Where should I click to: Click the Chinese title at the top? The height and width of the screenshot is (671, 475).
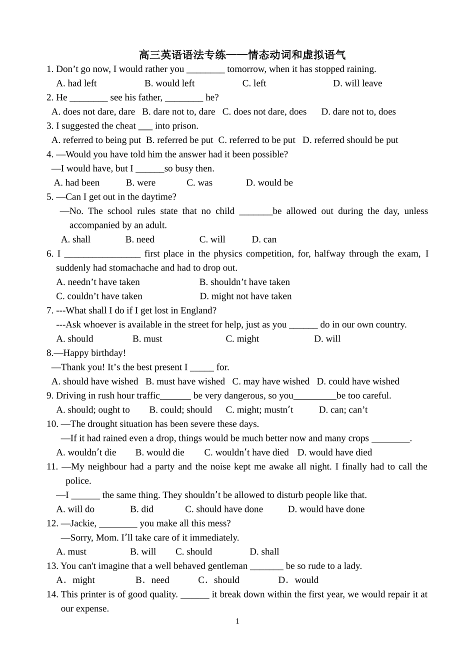click(242, 54)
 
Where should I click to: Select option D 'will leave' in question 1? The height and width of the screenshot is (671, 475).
click(357, 83)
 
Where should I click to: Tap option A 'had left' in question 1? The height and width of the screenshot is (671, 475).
click(76, 83)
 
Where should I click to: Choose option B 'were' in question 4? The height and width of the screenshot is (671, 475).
click(140, 183)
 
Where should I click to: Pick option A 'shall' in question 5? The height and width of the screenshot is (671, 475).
click(75, 239)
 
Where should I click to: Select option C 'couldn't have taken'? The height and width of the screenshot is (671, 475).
click(99, 296)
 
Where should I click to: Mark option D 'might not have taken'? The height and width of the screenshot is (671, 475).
click(245, 296)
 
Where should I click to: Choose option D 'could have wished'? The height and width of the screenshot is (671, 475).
click(358, 381)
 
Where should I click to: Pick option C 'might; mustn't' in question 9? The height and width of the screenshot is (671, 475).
click(259, 410)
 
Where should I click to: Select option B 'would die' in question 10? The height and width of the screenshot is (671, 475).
click(159, 452)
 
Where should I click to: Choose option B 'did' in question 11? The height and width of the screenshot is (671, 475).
click(142, 509)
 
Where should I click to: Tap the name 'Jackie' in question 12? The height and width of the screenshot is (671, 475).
click(83, 523)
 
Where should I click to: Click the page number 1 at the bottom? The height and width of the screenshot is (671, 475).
click(237, 621)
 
